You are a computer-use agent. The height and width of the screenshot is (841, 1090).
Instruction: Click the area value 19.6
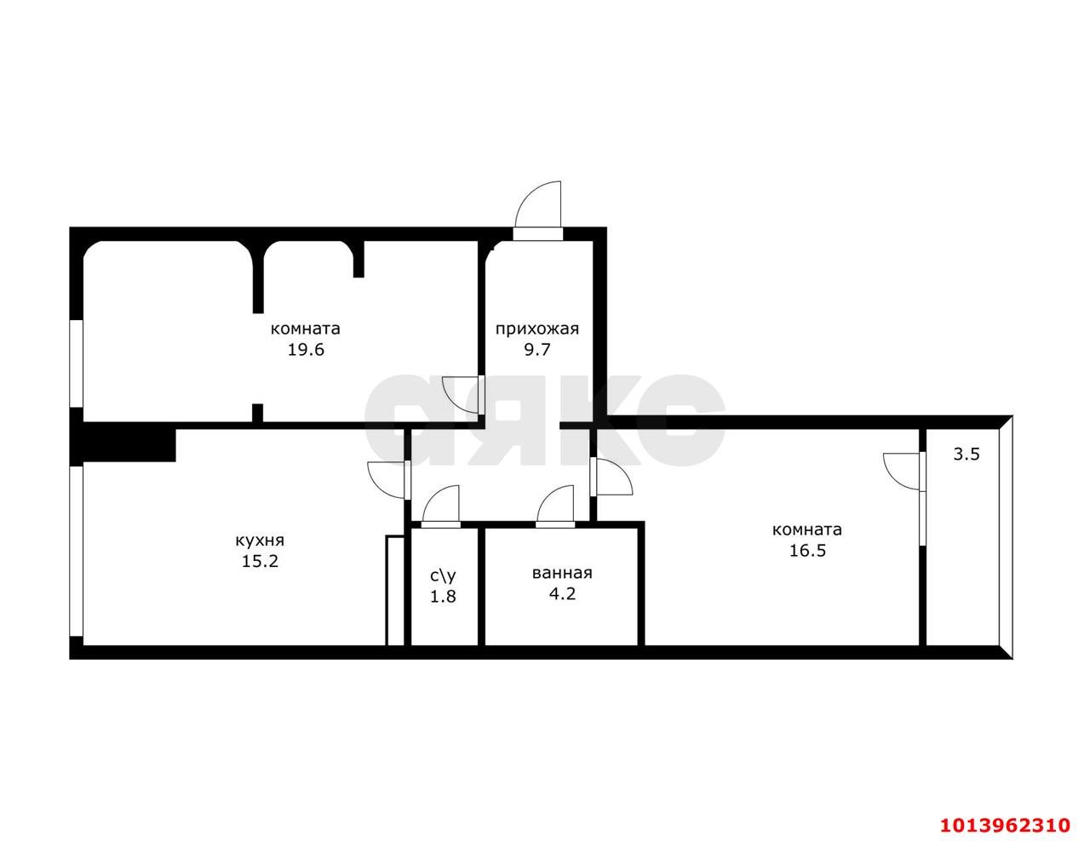[306, 349]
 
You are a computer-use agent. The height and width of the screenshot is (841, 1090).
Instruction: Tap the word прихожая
[536, 329]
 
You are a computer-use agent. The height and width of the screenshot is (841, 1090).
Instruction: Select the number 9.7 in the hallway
[536, 349]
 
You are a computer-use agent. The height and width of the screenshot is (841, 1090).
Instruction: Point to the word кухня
[260, 541]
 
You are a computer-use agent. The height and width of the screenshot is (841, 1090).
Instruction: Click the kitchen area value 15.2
[260, 561]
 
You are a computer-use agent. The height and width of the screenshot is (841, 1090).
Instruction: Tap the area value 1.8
[443, 596]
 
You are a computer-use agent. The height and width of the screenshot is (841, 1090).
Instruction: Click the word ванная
[561, 573]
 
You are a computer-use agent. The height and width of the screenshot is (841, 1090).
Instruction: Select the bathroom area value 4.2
[561, 593]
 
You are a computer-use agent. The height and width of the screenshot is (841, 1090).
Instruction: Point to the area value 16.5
[807, 550]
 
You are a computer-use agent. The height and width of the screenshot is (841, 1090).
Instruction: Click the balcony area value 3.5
[967, 454]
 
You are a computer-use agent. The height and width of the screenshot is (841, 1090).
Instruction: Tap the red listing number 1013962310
[1004, 825]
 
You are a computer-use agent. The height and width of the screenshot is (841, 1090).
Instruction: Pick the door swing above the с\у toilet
[440, 504]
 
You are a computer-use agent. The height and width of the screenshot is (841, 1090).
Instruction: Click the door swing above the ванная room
[556, 504]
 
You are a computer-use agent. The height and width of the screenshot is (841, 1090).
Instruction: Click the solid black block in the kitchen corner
[128, 443]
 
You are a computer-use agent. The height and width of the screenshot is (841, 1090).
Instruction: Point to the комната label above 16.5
[806, 529]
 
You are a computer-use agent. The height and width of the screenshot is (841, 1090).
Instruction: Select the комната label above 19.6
[306, 329]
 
